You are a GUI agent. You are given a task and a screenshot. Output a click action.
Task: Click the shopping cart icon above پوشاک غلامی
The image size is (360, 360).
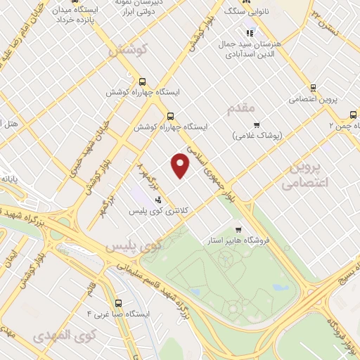coord(257,124)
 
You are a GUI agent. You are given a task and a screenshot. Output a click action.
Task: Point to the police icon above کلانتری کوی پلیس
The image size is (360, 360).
coord(158,199)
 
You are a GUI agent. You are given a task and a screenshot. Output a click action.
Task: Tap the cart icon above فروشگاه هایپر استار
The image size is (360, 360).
coord(238,229)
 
